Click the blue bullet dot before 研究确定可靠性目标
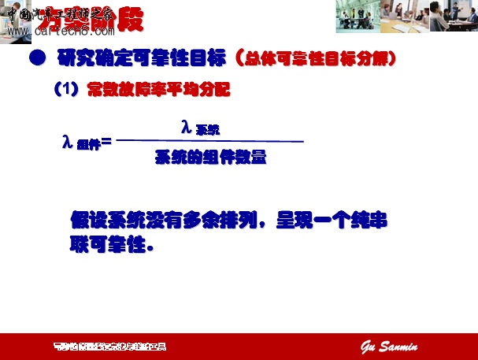click(36, 58)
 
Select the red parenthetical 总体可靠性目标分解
click(315, 58)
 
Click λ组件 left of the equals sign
click(80, 143)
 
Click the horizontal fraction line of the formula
click(209, 141)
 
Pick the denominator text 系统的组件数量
click(210, 158)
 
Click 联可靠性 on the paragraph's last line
click(106, 244)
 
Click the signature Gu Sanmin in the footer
click(390, 347)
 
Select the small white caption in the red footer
click(109, 347)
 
